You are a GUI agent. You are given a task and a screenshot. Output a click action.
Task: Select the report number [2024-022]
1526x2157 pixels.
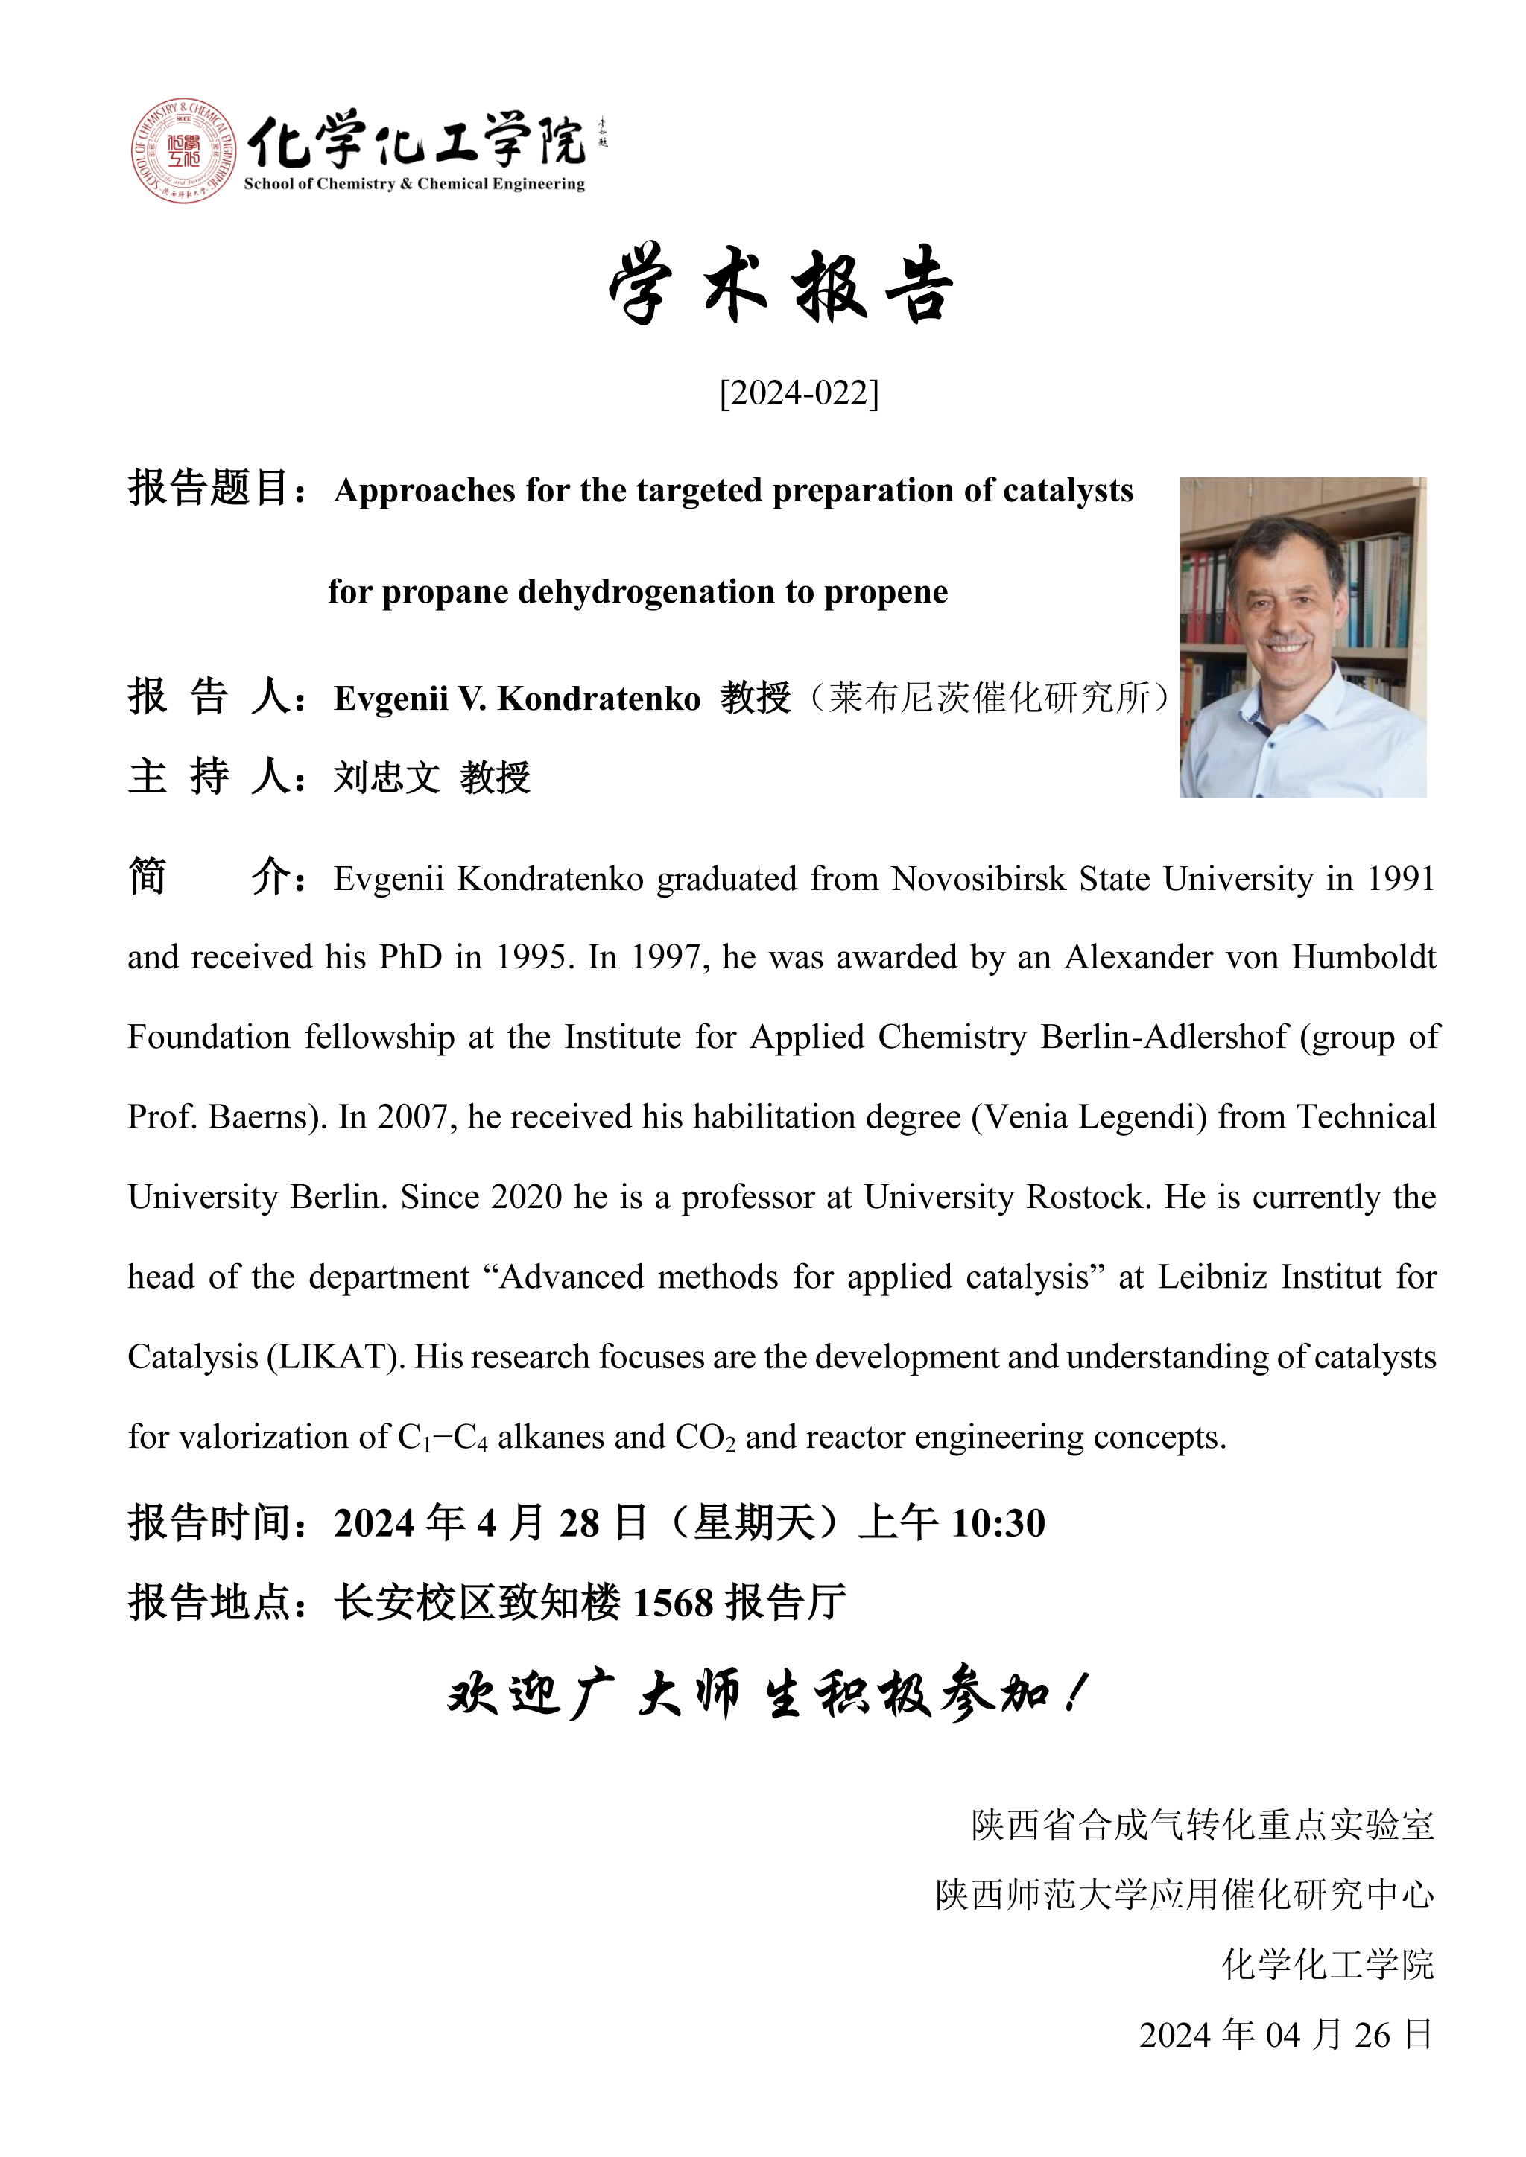pos(799,393)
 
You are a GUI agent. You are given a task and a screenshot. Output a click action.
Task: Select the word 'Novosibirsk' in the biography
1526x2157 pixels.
pos(979,880)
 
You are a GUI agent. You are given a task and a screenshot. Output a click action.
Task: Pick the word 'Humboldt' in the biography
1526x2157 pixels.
pos(1364,957)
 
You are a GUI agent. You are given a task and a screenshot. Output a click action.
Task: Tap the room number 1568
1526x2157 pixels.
pos(673,1604)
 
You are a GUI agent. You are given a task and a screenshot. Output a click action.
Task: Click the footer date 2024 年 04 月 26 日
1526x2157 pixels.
pos(1285,2035)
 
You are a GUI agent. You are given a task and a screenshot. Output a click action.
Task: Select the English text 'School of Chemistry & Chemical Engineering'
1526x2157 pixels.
pos(414,184)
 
